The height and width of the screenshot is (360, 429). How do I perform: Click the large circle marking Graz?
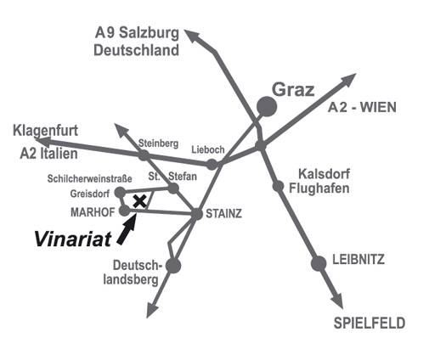[267, 106]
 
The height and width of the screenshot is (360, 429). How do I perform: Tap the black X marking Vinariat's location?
[139, 201]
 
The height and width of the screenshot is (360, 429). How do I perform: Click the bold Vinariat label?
[73, 239]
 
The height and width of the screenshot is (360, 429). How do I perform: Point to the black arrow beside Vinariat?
[127, 228]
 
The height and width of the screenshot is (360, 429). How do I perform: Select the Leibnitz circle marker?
[319, 263]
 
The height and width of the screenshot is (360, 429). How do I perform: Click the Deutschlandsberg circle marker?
[173, 266]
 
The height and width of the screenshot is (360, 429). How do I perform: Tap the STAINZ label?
[223, 214]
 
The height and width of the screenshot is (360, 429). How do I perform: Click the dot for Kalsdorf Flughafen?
[279, 186]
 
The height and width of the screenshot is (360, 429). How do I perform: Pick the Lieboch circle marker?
[212, 164]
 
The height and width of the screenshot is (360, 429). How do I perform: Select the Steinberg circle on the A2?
[144, 155]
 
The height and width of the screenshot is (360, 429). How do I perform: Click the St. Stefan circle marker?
[173, 188]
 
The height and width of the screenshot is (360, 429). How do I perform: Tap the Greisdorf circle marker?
[120, 193]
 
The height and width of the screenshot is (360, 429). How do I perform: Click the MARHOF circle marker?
[124, 211]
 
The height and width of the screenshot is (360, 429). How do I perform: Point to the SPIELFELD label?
[370, 323]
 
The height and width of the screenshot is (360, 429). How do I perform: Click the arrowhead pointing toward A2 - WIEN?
[347, 79]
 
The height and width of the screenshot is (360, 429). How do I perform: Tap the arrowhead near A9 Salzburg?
[194, 36]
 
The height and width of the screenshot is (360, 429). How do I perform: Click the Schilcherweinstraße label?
[89, 179]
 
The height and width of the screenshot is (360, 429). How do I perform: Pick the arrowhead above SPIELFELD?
[338, 300]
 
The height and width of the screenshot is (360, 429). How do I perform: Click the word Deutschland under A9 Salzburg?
[136, 50]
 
